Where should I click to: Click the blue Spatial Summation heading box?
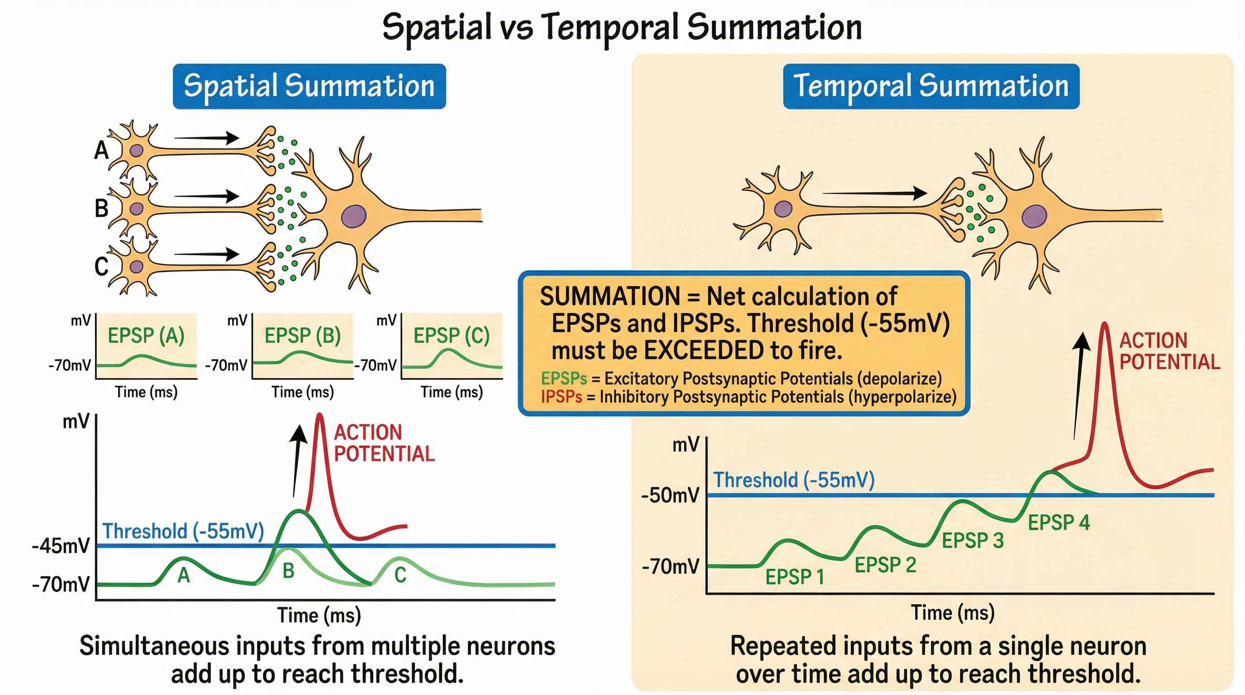pos(309,86)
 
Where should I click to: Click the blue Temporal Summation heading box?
pos(931,86)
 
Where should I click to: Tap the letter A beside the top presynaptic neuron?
pos(101,150)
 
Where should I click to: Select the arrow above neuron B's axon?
pos(207,196)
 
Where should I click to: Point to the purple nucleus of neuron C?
pos(137,267)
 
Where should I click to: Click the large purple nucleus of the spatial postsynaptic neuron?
pos(354,216)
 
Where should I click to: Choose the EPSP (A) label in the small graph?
pos(146,335)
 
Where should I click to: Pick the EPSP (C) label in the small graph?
pos(451,335)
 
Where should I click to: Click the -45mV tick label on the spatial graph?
pos(61,546)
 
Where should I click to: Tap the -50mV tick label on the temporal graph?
pos(670,495)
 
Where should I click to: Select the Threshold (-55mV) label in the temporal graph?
pos(794,480)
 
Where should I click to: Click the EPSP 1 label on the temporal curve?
pos(794,576)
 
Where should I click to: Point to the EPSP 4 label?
pos(1059,523)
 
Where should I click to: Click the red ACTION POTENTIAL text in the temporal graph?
pos(1169,351)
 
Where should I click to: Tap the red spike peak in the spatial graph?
pos(319,416)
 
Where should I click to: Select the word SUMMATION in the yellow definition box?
pos(610,296)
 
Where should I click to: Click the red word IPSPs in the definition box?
pos(561,397)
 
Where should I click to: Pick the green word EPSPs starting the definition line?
pos(564,378)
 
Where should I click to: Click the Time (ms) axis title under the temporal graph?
pos(953,612)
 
